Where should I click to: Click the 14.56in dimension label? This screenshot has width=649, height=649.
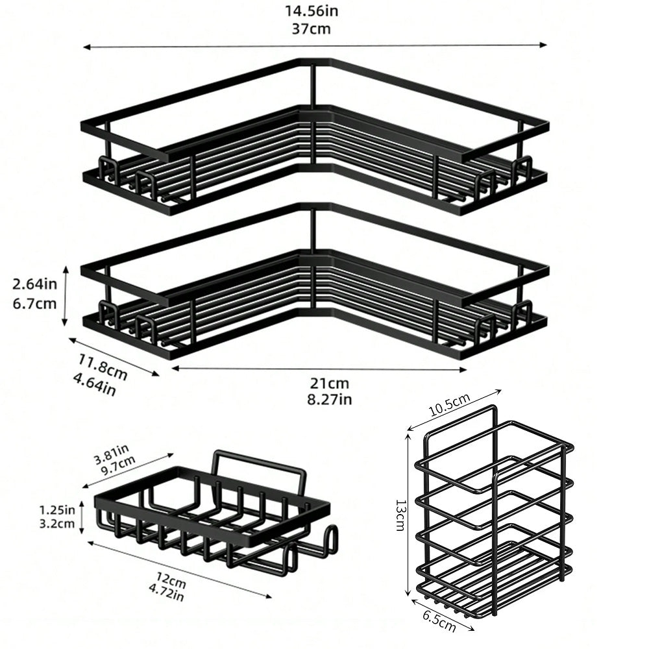pos(312,11)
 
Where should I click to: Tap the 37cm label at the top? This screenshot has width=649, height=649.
pos(312,29)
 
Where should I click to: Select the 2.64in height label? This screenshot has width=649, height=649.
pos(35,284)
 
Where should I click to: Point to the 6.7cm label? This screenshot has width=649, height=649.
pos(35,303)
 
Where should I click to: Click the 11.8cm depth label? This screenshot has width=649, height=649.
pos(103,367)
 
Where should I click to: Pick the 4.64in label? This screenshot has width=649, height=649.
pos(94,384)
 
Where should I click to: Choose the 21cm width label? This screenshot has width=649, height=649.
pos(330,384)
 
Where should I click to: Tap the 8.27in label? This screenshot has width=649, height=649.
pos(330,400)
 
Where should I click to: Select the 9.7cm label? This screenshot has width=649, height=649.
pos(118,465)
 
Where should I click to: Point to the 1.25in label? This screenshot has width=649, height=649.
pos(57,509)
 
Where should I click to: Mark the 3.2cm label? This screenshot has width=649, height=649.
pos(57,524)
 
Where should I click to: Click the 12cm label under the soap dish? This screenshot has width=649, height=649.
pos(171,580)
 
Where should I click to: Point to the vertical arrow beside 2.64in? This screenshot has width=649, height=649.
pos(65,296)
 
